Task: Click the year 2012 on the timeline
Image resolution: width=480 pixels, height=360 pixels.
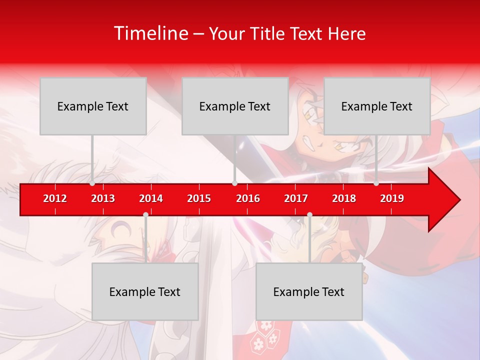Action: click(x=55, y=198)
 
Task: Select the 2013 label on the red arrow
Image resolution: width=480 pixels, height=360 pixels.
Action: click(x=103, y=198)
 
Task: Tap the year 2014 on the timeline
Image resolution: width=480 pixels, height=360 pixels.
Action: click(x=151, y=198)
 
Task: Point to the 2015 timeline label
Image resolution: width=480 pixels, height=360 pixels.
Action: click(x=199, y=198)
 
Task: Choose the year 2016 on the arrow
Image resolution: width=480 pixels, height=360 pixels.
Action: click(x=248, y=198)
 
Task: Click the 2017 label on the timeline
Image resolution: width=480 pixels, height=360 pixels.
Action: click(x=296, y=198)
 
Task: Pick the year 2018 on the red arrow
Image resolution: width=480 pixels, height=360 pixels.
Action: click(x=344, y=198)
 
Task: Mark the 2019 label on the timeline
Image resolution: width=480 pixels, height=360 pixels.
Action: click(x=392, y=198)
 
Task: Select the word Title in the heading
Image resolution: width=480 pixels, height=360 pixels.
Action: click(x=269, y=34)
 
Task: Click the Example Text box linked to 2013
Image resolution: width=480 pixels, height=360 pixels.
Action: click(x=93, y=106)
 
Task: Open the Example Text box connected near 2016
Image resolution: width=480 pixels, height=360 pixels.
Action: click(x=235, y=106)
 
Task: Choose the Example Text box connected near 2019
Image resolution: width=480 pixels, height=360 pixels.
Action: click(x=377, y=106)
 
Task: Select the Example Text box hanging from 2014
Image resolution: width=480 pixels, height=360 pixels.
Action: click(x=145, y=291)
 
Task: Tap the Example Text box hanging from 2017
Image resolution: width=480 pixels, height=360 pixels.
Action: click(x=309, y=291)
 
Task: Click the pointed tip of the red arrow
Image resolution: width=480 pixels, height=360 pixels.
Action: click(x=459, y=200)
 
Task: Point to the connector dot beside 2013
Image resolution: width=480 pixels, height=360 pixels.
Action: click(x=92, y=183)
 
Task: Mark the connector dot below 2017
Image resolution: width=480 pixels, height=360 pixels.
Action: click(x=309, y=215)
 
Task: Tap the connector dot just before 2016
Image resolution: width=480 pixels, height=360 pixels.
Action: click(x=234, y=183)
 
